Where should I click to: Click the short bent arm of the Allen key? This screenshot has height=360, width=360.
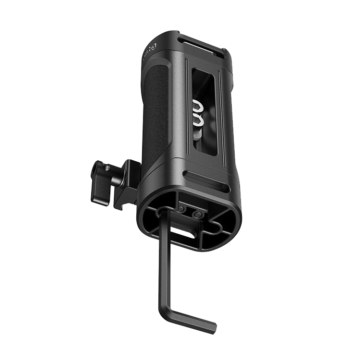tap(190, 319)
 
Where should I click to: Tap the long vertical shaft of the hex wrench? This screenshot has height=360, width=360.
tap(164, 259)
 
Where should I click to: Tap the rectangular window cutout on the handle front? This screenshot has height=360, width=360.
tap(204, 110)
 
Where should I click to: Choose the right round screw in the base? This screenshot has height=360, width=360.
tap(197, 215)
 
